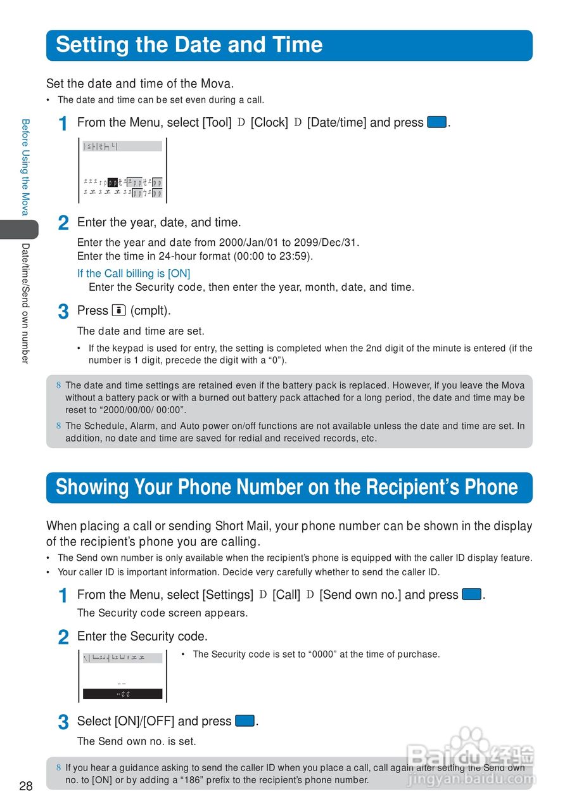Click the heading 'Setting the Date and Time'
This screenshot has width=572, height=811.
189,45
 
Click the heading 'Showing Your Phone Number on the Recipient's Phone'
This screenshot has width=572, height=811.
286,487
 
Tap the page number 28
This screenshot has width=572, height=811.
26,786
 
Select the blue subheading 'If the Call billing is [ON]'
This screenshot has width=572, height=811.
134,274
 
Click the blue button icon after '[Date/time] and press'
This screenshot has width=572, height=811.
437,122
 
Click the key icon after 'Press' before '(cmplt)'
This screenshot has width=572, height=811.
118,310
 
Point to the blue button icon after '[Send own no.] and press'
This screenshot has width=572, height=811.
472,594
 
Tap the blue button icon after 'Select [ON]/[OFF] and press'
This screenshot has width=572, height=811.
245,721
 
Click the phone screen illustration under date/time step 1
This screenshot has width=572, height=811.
122,170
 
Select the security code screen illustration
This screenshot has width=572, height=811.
122,676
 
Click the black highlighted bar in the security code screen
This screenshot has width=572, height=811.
122,694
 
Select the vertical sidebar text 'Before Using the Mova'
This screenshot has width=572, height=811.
25,167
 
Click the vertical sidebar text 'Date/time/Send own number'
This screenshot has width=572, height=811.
25,303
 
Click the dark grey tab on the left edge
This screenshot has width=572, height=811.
18,229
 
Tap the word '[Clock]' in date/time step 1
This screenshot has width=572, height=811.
269,122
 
